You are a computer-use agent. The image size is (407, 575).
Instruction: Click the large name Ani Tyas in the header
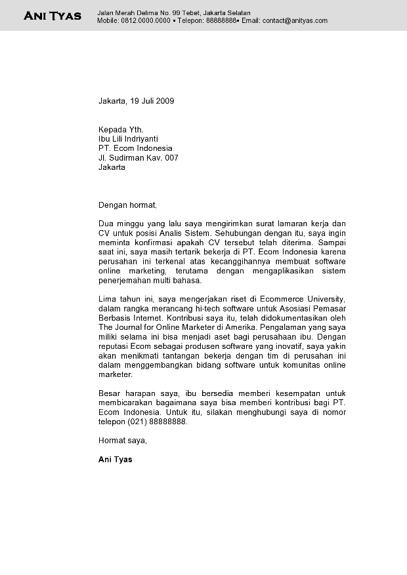point(53,16)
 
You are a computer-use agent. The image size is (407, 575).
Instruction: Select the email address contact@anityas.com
point(295,21)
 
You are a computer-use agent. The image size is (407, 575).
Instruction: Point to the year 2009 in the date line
point(165,101)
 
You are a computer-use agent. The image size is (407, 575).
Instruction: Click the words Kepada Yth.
point(121,130)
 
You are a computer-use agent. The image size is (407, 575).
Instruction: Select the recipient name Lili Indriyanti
point(136,139)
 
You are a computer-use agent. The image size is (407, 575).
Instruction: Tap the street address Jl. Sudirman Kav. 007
point(138,158)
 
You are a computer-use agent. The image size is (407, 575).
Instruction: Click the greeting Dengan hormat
point(128,205)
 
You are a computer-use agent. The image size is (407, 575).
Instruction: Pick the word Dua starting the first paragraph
point(106,224)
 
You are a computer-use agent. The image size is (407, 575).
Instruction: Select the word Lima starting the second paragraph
point(107,300)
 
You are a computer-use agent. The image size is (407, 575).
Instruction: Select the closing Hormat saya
point(123,441)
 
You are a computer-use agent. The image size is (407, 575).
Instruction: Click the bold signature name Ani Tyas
point(116,460)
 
